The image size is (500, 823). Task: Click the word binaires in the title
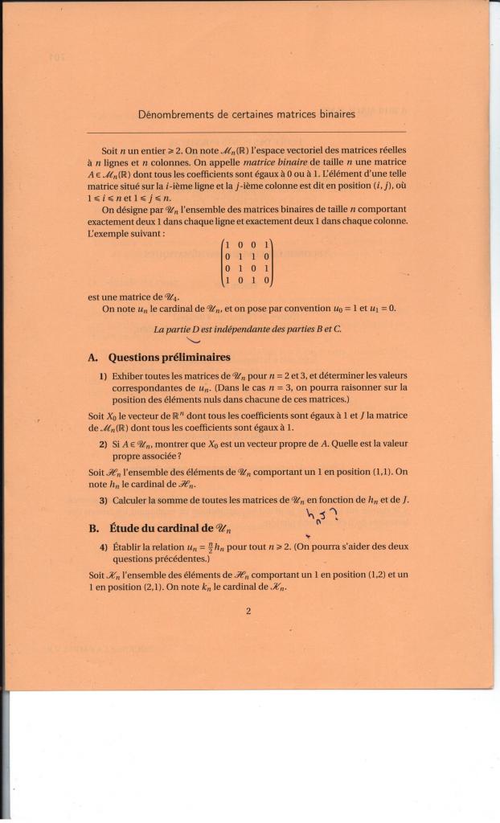334,115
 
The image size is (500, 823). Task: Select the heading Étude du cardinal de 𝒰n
170,528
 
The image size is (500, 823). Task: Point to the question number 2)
104,443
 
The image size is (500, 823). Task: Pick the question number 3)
104,500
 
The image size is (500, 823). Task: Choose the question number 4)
104,547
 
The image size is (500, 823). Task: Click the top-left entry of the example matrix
228,244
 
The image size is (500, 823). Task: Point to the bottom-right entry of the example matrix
266,281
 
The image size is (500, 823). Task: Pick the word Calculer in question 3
131,500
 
